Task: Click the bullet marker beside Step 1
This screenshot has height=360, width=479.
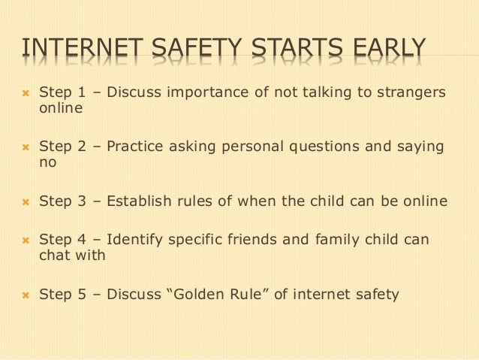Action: click(x=24, y=93)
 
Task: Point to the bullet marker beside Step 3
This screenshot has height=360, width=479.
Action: click(x=24, y=201)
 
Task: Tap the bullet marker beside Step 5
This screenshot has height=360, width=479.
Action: click(x=24, y=295)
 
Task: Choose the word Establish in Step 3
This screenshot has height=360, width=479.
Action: click(x=138, y=201)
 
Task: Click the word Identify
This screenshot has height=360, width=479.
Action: click(x=134, y=241)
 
